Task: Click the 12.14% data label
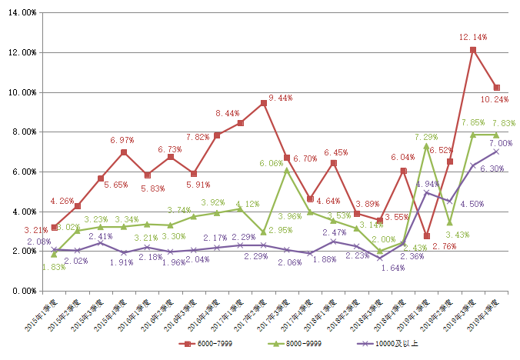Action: (472, 37)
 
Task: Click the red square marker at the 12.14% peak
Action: (472, 50)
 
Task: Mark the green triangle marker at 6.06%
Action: (287, 171)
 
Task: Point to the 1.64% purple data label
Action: (392, 268)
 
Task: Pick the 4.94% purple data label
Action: (428, 185)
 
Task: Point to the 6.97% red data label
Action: (123, 140)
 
